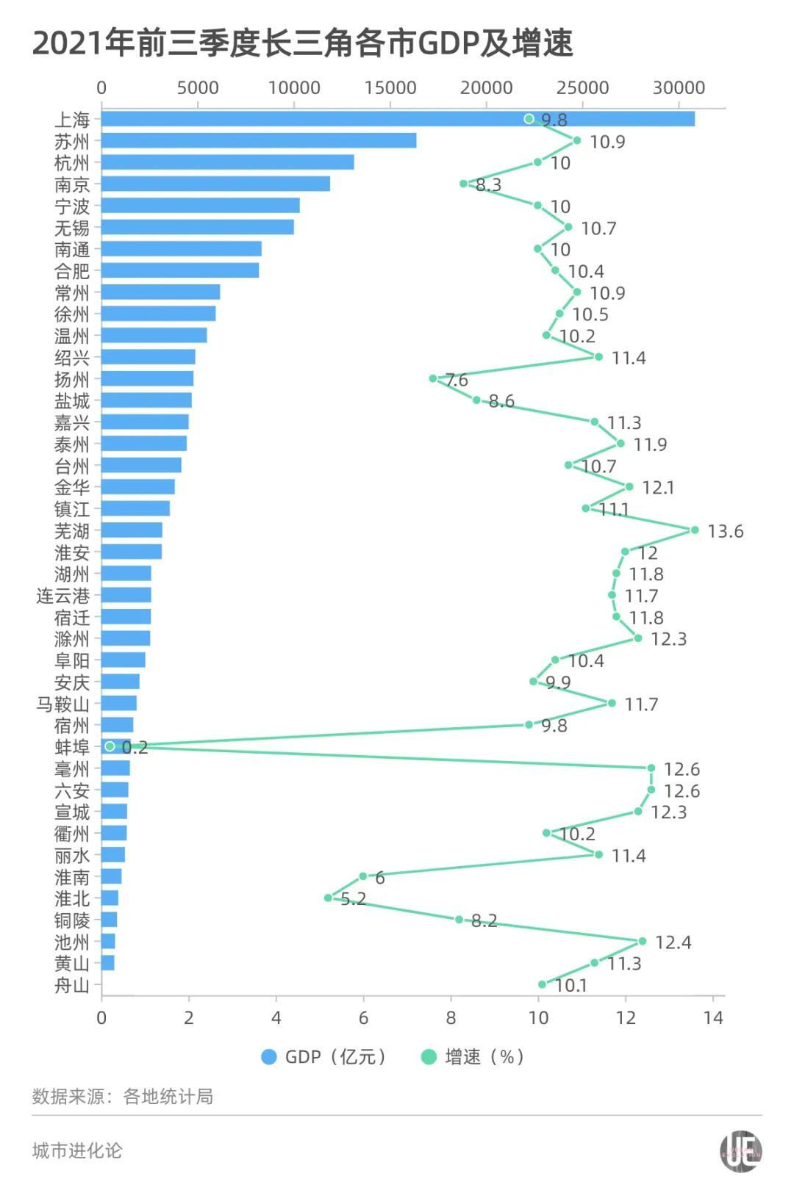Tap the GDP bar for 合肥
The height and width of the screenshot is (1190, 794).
point(180,270)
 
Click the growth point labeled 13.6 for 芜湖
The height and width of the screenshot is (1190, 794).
point(695,530)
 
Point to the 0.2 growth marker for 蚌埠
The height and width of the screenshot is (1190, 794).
point(110,746)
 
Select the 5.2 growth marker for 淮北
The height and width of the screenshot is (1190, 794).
point(328,898)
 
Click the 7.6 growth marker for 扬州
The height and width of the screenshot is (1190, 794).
point(433,378)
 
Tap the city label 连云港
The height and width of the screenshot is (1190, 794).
point(63,595)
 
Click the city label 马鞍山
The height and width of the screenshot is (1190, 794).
point(63,704)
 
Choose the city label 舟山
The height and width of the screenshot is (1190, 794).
point(71,985)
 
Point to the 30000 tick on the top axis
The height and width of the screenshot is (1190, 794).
point(679,87)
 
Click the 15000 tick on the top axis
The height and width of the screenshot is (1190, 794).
point(390,87)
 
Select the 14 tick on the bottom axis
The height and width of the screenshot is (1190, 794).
point(713,1017)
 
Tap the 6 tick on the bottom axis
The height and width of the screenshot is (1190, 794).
point(363,1017)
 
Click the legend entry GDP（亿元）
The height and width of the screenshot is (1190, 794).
point(324,1057)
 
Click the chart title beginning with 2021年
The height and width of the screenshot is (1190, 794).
point(302,43)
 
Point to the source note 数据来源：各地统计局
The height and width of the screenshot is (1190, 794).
point(123,1097)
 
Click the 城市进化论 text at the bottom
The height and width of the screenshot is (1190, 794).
point(77,1150)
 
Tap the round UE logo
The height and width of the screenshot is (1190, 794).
point(740,1151)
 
